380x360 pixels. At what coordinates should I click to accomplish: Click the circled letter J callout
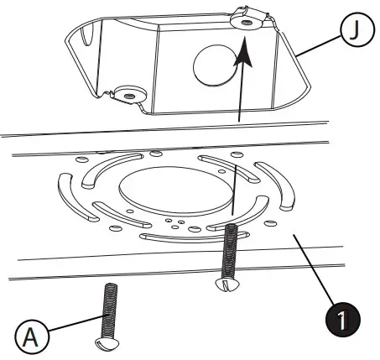[x=353, y=31]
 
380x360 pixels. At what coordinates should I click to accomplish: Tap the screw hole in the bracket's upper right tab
[x=245, y=23]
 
